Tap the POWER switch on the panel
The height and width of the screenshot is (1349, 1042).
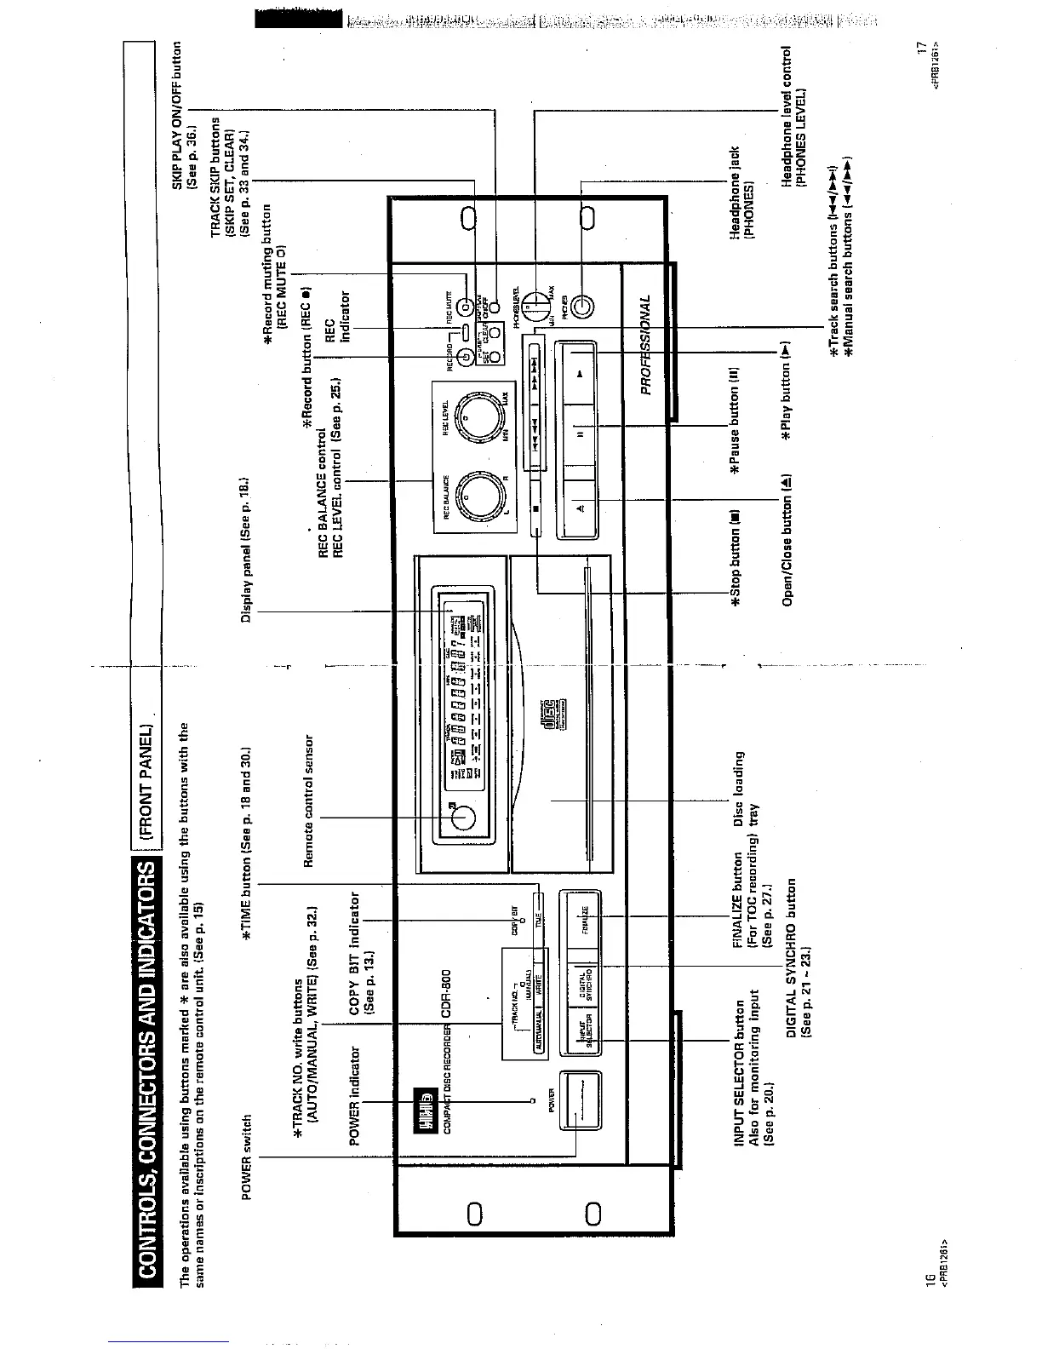pos(580,1100)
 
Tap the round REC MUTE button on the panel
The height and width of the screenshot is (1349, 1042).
pos(465,307)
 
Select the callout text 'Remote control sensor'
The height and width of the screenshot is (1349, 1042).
pos(309,801)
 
